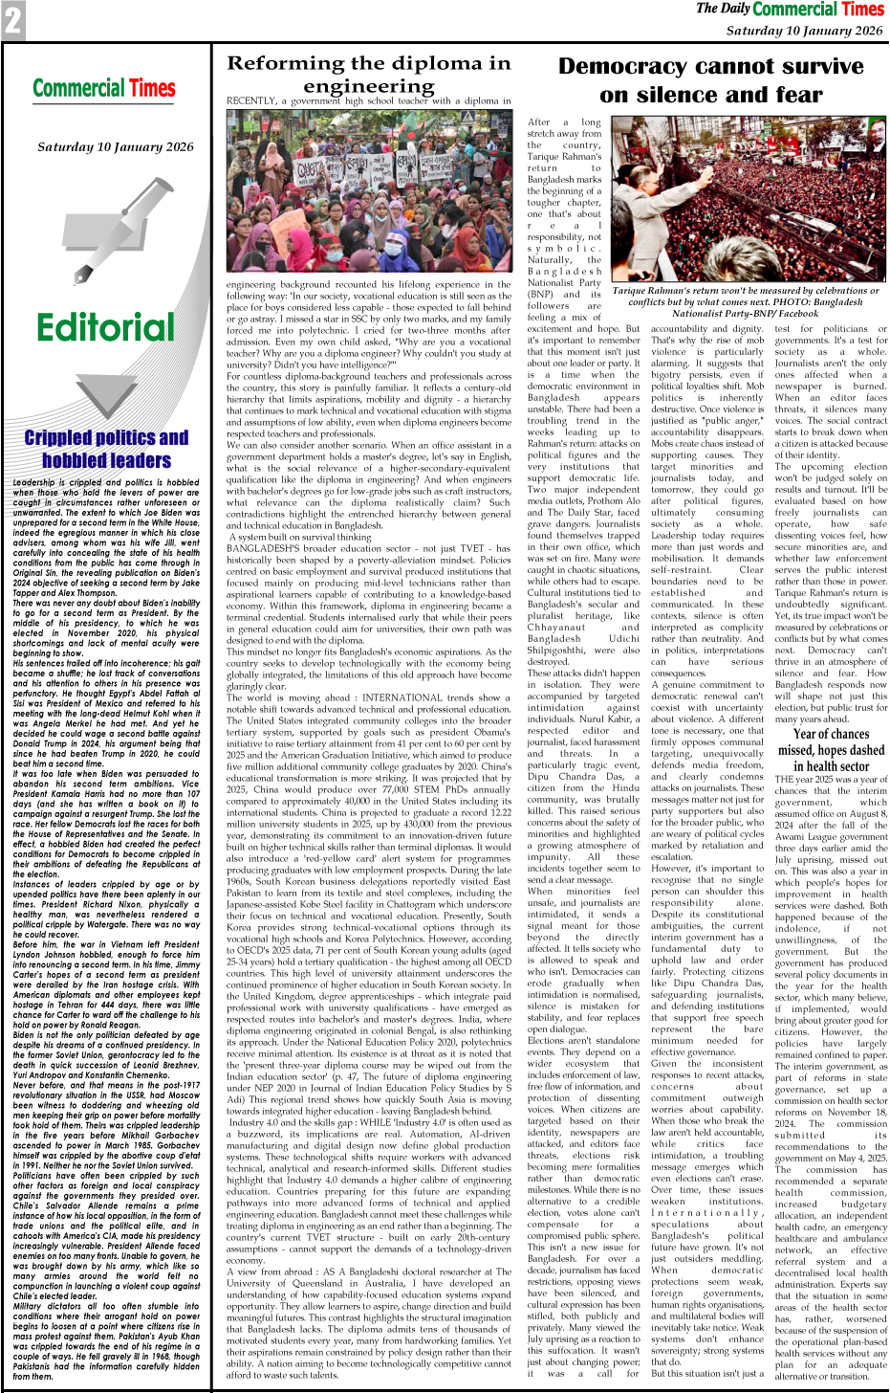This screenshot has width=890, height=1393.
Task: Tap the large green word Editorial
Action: click(x=105, y=328)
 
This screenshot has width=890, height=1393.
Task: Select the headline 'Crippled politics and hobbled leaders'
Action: click(x=106, y=449)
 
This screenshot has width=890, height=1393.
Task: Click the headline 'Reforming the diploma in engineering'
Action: click(x=368, y=75)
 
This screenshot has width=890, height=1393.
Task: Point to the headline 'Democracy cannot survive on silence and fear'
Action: click(x=710, y=80)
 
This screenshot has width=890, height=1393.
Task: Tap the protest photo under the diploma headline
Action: click(x=368, y=191)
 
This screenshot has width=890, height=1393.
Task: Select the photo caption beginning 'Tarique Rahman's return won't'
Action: click(x=745, y=301)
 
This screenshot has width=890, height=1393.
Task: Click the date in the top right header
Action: click(x=804, y=31)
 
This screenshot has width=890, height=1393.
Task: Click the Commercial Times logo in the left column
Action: click(x=104, y=89)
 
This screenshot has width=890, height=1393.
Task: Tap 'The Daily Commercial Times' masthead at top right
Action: click(x=790, y=10)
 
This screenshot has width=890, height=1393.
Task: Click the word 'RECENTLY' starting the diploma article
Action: click(x=251, y=100)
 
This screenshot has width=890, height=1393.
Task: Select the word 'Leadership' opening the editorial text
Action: click(x=34, y=483)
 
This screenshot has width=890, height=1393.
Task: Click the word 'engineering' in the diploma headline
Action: click(x=368, y=86)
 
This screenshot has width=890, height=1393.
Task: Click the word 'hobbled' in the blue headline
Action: click(x=75, y=460)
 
